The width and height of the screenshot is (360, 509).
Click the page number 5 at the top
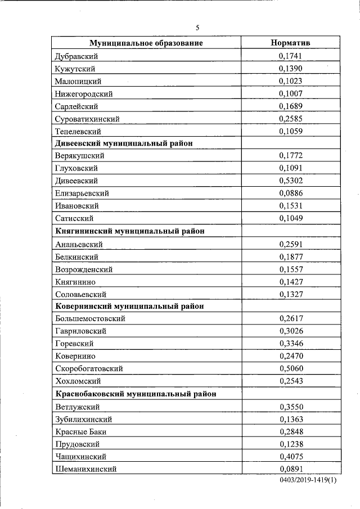tap(197, 28)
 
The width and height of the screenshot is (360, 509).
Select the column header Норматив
tap(290, 43)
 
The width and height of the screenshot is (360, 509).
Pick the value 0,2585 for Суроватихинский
tap(290, 119)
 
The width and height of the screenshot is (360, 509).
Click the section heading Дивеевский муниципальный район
tap(124, 143)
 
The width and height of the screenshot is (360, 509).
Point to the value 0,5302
tap(290, 181)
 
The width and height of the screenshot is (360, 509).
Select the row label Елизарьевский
tap(82, 193)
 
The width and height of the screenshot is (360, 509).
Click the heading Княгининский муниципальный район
tap(129, 231)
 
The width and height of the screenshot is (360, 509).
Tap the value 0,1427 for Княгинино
tap(290, 281)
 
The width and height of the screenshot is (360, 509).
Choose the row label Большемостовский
tap(90, 319)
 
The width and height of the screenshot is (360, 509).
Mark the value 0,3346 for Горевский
tap(290, 343)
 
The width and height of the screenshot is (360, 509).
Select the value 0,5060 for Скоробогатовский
tap(290, 368)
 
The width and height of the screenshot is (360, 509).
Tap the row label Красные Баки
tap(81, 431)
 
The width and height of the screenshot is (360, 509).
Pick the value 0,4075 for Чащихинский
tap(290, 456)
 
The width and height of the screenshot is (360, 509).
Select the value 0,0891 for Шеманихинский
tap(290, 469)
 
